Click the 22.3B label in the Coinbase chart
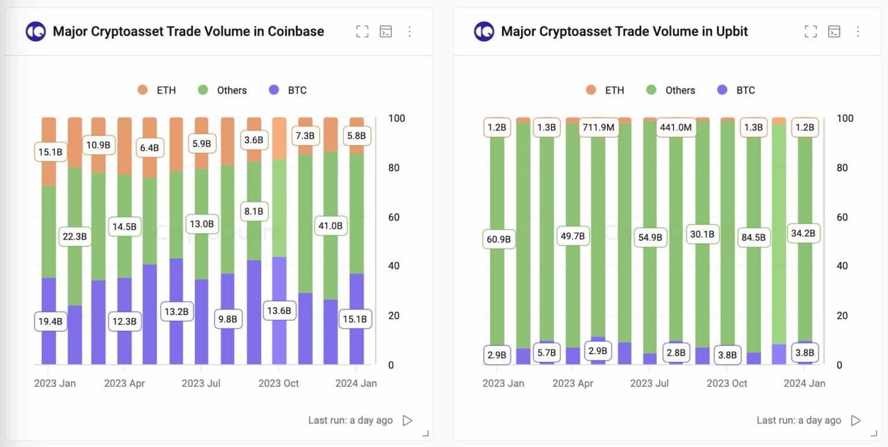(75, 236)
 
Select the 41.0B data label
(330, 226)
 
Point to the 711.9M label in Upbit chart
(598, 127)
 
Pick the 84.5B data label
(754, 237)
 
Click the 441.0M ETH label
(675, 127)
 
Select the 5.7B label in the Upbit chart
(546, 352)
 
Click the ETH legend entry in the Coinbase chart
(157, 90)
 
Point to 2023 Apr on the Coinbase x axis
(124, 383)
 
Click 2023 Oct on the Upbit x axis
(727, 383)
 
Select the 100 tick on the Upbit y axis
(845, 118)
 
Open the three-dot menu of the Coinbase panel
(409, 31)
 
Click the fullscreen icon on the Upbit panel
(811, 31)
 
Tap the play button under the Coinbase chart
(408, 420)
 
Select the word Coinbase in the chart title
(295, 31)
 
